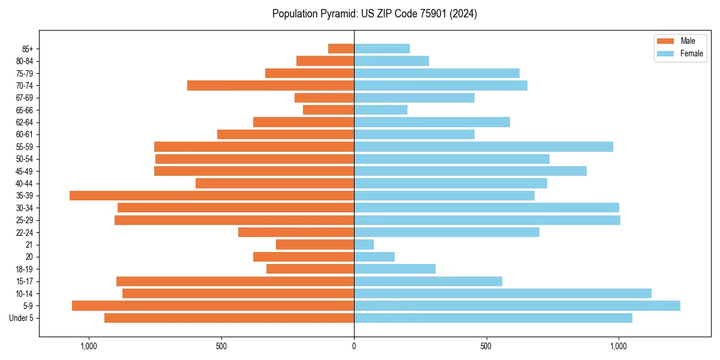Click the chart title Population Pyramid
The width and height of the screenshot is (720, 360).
[374, 14]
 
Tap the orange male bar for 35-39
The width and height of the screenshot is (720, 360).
[212, 196]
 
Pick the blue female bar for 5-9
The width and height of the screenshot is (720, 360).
[517, 306]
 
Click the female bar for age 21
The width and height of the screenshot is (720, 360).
[364, 245]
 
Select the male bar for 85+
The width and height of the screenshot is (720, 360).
[341, 49]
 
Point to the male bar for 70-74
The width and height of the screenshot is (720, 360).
[271, 86]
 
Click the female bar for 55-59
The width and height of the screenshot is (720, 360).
[484, 147]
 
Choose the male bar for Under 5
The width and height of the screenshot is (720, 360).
[229, 318]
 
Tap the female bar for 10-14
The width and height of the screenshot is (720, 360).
[503, 293]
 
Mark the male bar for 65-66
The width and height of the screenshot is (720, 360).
[328, 110]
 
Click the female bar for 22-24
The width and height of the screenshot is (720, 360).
[446, 232]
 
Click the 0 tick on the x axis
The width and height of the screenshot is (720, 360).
[354, 346]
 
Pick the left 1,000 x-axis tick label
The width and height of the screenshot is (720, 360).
[88, 346]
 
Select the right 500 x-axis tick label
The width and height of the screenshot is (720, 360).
[487, 346]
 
